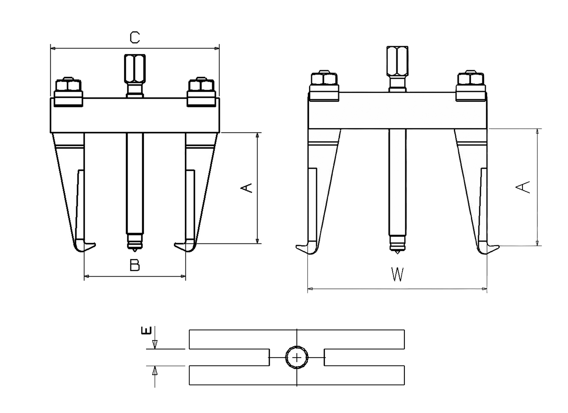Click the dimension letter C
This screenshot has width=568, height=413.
[135, 38]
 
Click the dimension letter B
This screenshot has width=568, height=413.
[135, 265]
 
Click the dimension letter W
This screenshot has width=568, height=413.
[397, 275]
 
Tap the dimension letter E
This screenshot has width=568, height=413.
[148, 330]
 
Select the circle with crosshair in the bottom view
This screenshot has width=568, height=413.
[297, 357]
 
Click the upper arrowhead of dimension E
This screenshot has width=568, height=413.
[154, 345]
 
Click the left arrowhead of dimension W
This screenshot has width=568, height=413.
[310, 288]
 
